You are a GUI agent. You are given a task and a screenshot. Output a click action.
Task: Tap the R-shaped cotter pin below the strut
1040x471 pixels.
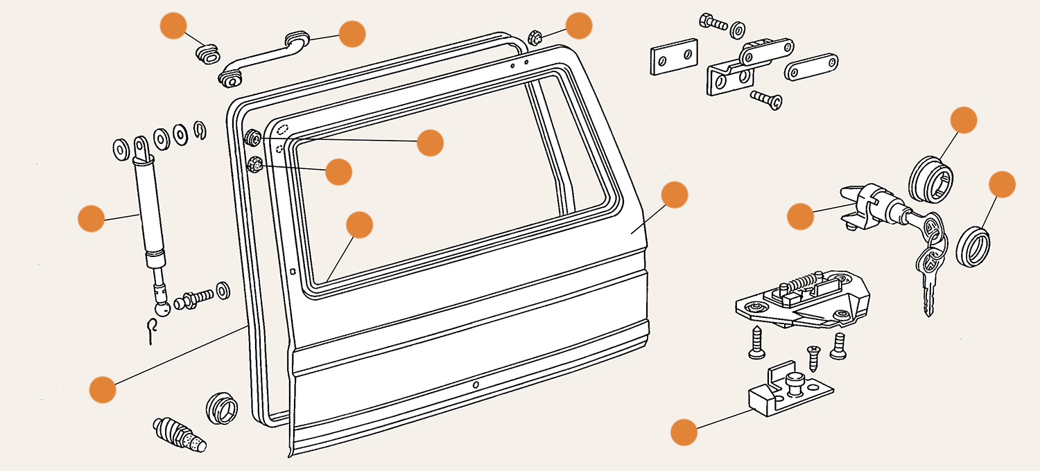pyautogui.click(x=154, y=330)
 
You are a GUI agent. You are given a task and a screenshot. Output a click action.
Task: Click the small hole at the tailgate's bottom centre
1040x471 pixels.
pyautogui.click(x=476, y=384)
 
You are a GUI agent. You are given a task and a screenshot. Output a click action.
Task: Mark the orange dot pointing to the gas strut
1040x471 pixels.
pyautogui.click(x=91, y=218)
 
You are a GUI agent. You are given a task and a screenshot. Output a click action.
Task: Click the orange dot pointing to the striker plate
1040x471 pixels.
pyautogui.click(x=684, y=432)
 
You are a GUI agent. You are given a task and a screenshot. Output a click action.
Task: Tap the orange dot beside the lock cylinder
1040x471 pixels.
pyautogui.click(x=800, y=216)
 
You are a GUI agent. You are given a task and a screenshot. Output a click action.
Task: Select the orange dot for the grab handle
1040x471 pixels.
pyautogui.click(x=352, y=33)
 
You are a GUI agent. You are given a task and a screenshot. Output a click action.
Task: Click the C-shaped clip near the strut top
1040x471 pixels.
pyautogui.click(x=200, y=131)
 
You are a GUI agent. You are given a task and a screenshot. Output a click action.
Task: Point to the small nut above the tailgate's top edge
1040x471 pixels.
pyautogui.click(x=535, y=37)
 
